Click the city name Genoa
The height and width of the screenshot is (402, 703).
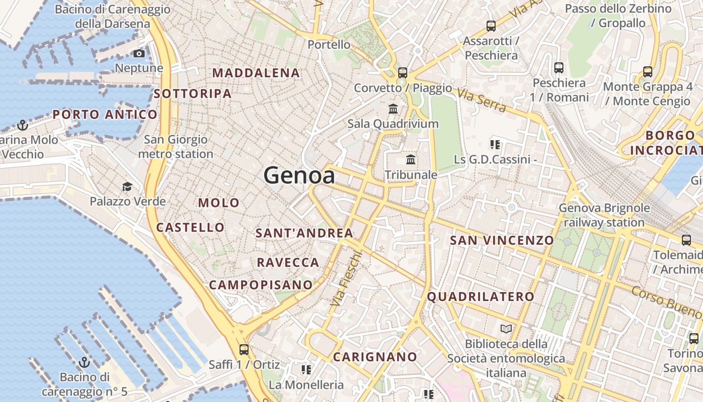(299, 175)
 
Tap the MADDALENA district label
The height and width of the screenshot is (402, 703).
(256, 73)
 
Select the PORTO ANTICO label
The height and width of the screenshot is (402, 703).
(105, 115)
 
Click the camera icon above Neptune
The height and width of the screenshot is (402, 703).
(139, 53)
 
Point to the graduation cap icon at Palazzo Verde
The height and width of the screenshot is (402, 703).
(127, 187)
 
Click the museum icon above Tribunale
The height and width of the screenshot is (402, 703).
(411, 160)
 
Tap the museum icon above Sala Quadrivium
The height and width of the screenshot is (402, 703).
(393, 109)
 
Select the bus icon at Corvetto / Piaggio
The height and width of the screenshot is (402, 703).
(403, 72)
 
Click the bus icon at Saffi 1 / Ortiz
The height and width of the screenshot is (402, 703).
(244, 349)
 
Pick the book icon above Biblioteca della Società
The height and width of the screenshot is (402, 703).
(506, 329)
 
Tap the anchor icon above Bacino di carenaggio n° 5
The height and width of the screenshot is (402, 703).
(84, 362)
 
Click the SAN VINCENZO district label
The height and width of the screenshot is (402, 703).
(502, 240)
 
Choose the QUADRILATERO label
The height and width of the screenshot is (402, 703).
(481, 296)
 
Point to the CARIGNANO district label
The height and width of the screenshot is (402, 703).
(375, 357)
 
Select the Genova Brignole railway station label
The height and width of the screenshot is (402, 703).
(604, 215)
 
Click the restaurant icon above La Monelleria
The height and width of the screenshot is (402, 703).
(306, 370)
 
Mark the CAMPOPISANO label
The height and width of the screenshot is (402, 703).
(261, 285)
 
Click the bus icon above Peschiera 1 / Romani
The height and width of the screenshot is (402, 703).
(559, 68)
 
